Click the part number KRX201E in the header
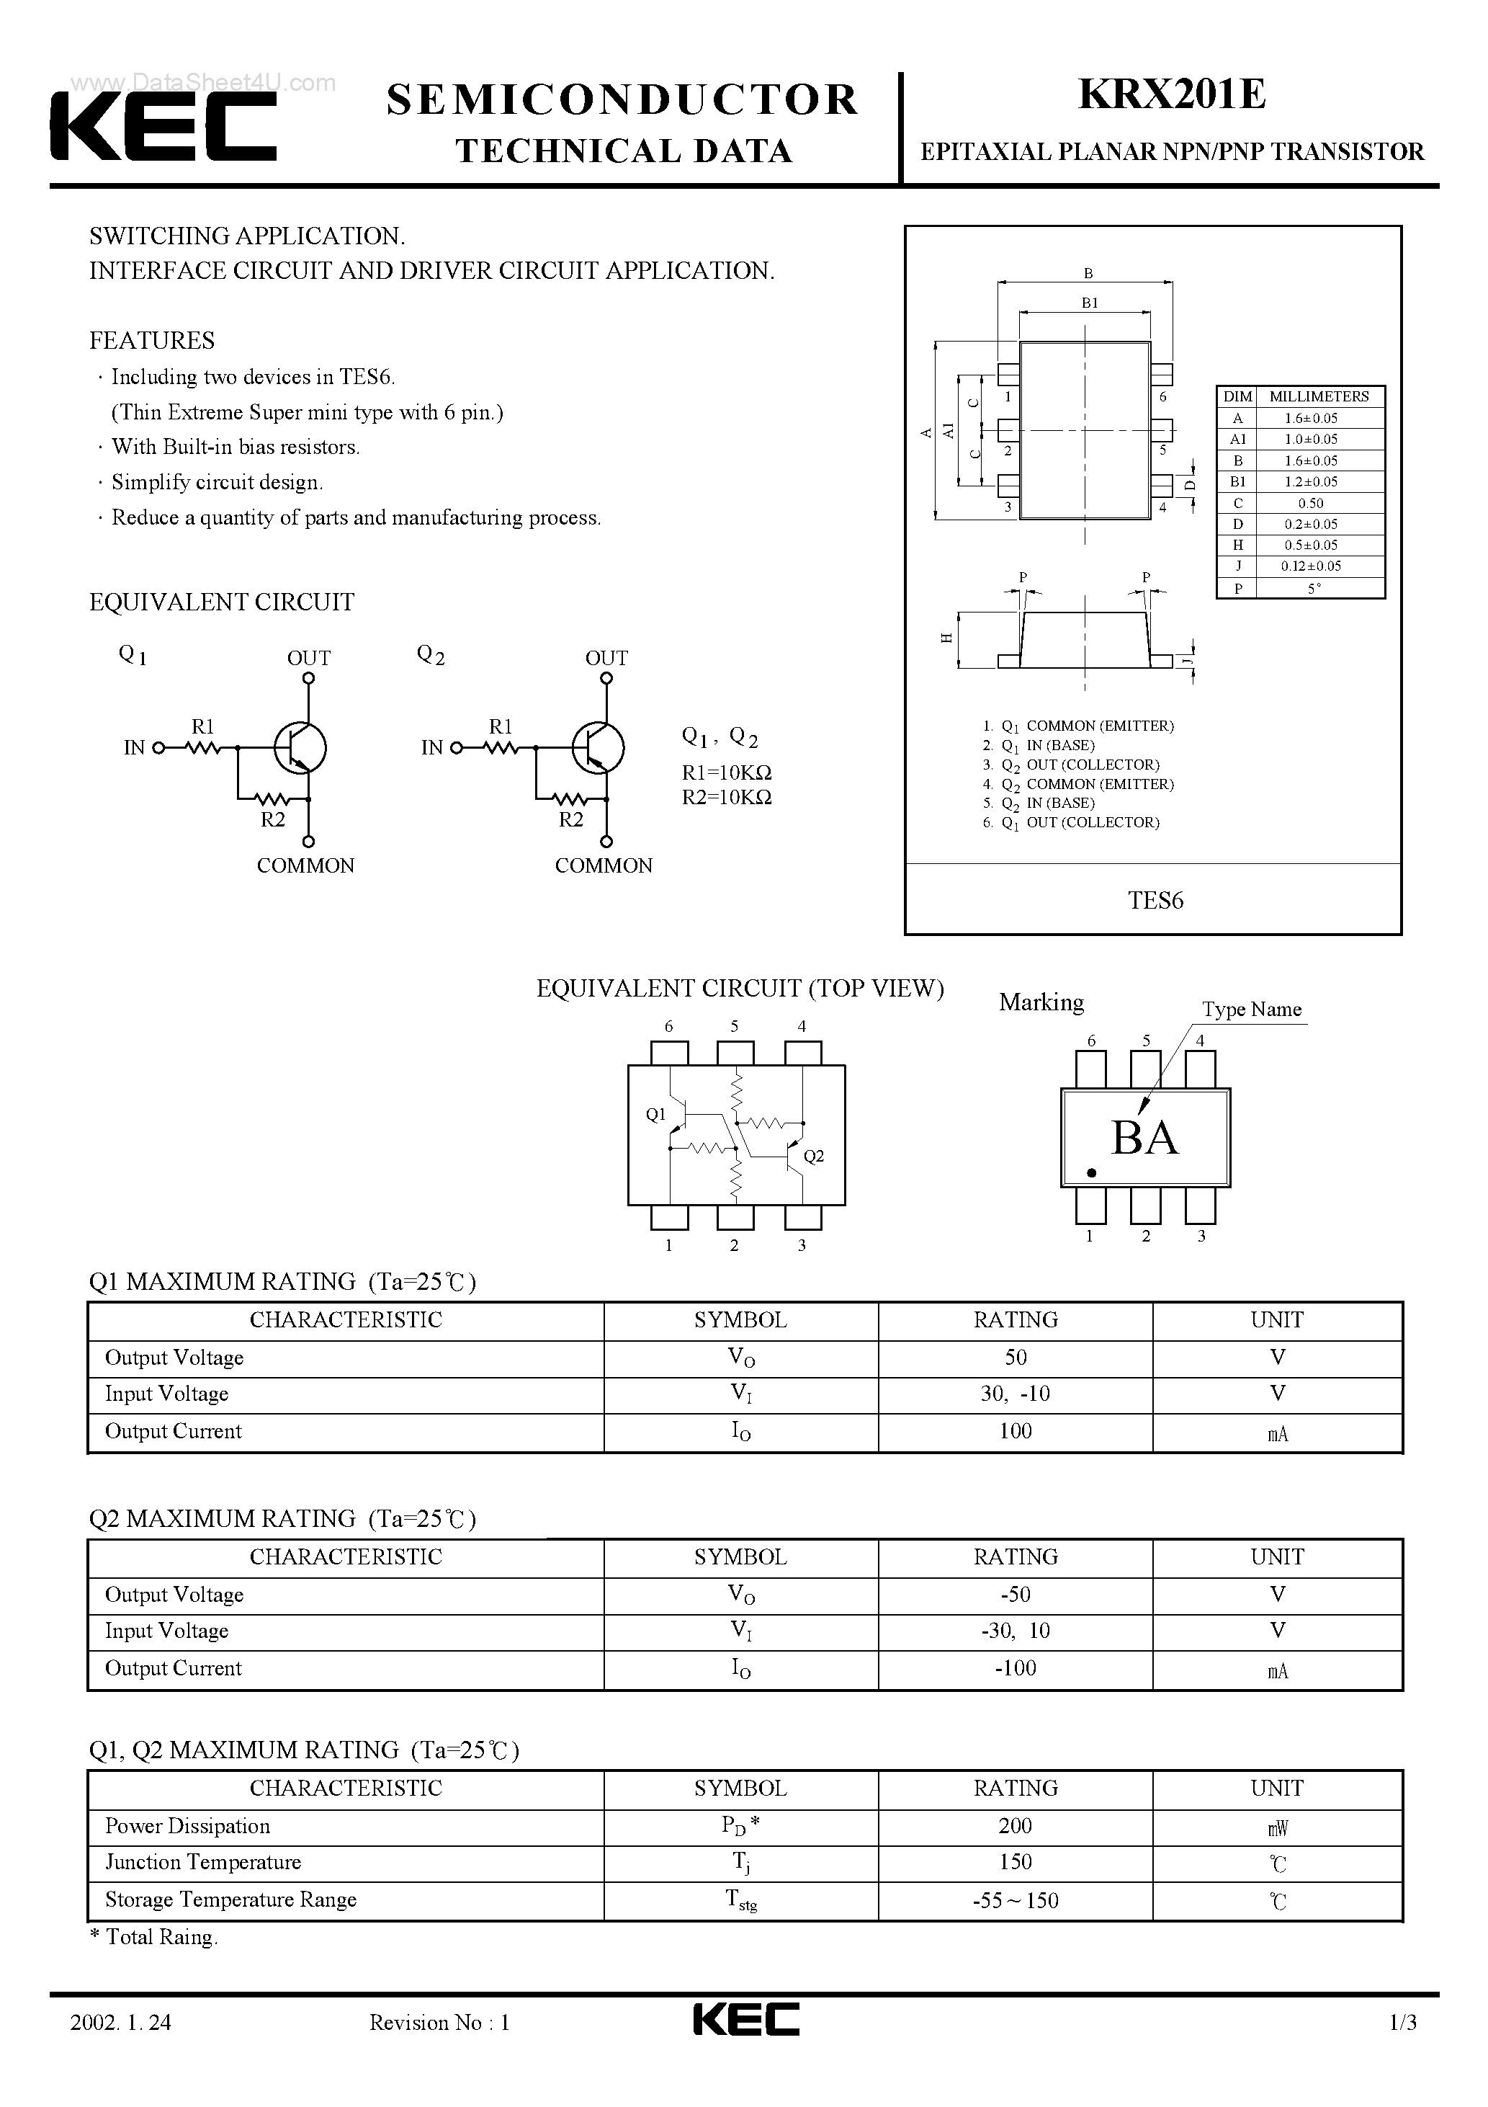click(x=1172, y=94)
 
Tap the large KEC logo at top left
click(x=163, y=128)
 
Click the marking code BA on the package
click(x=1144, y=1138)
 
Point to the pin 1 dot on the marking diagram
click(x=1090, y=1173)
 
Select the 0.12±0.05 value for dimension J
click(x=1311, y=566)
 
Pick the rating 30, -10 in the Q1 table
click(x=1015, y=1394)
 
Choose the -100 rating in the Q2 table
click(x=1015, y=1667)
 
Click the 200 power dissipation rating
click(x=1015, y=1825)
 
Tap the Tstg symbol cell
click(x=740, y=1900)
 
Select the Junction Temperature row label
click(x=202, y=1862)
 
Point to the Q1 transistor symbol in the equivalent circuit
click(x=300, y=748)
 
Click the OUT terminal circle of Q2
click(x=606, y=679)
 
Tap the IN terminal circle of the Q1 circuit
click(x=158, y=748)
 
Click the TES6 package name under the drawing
click(x=1155, y=900)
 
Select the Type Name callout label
click(x=1251, y=1010)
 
